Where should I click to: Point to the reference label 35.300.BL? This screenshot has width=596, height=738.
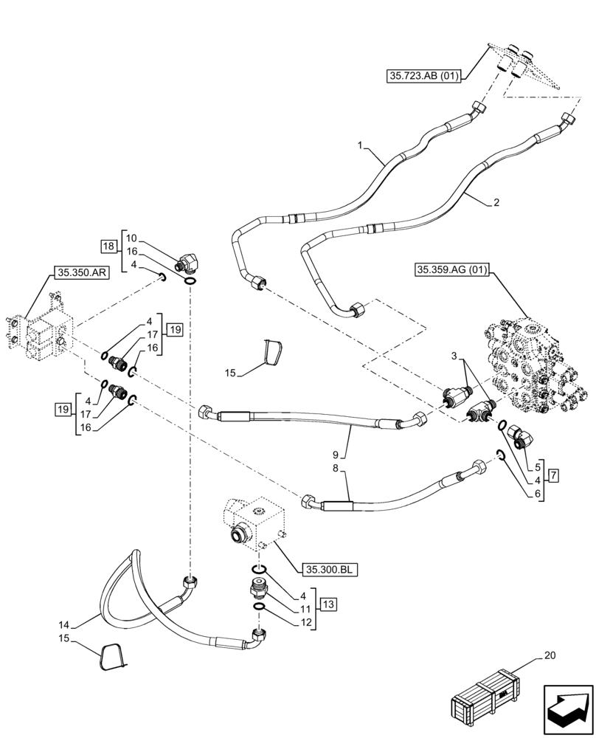tap(328, 569)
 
